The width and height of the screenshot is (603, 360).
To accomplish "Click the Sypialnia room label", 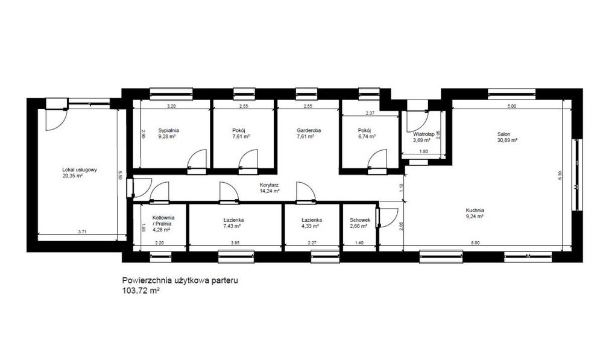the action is [168, 130].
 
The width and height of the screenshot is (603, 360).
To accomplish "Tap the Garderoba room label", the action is [309, 130].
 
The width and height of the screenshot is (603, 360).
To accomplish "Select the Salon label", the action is [504, 134].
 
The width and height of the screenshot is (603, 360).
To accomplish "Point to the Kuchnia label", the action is [475, 210].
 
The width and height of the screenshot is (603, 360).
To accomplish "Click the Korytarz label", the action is [269, 185].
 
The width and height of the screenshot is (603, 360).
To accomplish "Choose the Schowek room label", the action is [360, 220].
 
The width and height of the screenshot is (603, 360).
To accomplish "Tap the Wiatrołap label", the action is [424, 134].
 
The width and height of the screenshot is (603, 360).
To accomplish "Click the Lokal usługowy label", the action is [80, 169].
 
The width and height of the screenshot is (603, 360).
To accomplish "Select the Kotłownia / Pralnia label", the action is [163, 220].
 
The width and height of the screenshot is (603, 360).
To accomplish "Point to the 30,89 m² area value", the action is [507, 141].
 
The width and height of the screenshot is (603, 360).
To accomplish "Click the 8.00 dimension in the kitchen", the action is [475, 242].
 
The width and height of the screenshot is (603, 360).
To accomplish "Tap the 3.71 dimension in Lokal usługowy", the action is [82, 232].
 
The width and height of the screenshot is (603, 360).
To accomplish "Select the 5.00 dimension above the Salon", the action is [511, 106].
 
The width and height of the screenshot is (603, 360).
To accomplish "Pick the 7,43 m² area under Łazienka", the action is [233, 226].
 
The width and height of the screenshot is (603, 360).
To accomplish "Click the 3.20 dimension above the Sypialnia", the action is [171, 106].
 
